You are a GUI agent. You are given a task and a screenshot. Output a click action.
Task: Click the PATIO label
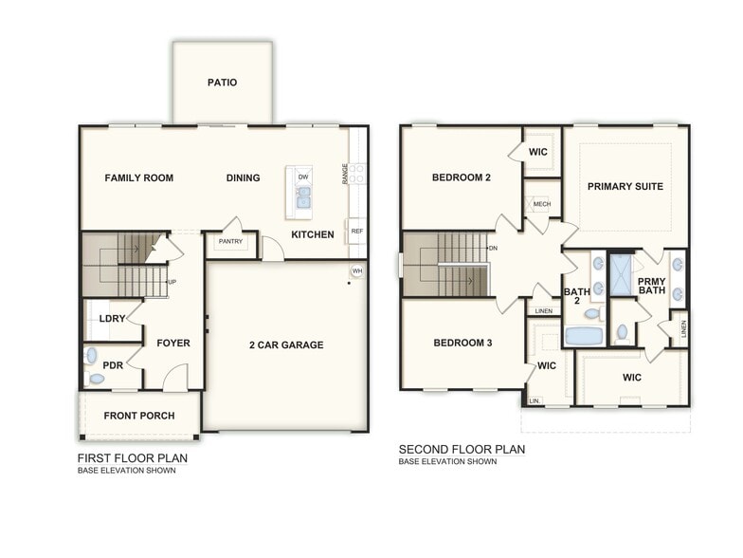click(222, 83)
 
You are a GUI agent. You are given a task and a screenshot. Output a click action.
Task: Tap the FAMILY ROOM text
click(138, 177)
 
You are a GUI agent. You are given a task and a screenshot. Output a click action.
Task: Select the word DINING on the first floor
click(244, 177)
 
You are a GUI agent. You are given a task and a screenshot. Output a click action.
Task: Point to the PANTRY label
click(230, 242)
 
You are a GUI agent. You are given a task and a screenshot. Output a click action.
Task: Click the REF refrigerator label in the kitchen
click(356, 231)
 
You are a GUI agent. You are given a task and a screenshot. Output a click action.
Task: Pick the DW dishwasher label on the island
click(303, 177)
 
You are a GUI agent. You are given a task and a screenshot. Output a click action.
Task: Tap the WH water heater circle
click(356, 270)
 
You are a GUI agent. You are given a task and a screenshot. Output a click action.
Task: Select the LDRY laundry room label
click(112, 319)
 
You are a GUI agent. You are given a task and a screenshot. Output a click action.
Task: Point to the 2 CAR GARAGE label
click(285, 344)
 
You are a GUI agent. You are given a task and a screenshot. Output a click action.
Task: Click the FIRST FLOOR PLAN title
click(132, 458)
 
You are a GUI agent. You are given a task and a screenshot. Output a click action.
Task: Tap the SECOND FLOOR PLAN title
click(462, 450)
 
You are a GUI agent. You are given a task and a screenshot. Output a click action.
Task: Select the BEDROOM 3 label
click(462, 343)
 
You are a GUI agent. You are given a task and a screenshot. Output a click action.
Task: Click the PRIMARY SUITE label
click(625, 186)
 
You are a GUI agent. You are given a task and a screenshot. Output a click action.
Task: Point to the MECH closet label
click(542, 204)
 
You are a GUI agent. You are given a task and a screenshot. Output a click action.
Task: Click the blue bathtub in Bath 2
click(584, 335)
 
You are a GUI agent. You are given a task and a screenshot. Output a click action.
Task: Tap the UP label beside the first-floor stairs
click(172, 283)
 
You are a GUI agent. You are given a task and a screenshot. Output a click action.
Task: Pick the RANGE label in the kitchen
click(345, 173)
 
